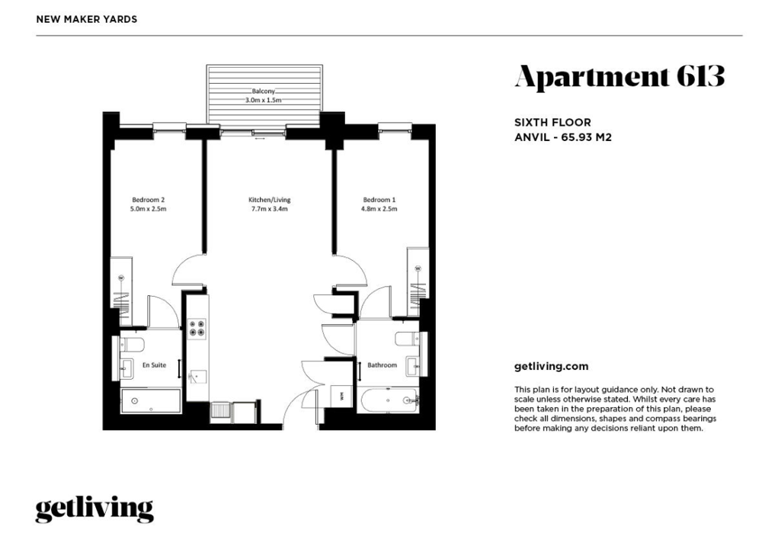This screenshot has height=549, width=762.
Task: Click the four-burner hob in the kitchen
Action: click(x=197, y=328)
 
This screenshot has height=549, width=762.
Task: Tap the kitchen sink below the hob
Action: click(x=197, y=377)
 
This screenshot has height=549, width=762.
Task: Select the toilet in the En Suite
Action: click(x=132, y=345)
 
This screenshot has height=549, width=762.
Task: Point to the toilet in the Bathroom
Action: click(x=407, y=339)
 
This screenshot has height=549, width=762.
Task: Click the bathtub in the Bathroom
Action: click(x=389, y=400)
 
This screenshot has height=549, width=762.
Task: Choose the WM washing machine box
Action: click(x=341, y=394)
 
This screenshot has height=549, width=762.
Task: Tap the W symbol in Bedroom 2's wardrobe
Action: click(x=121, y=278)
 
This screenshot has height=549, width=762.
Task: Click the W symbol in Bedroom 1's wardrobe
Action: click(x=418, y=268)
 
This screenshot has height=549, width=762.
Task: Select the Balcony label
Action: click(x=264, y=91)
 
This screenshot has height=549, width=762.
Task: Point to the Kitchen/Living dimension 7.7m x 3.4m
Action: click(x=269, y=209)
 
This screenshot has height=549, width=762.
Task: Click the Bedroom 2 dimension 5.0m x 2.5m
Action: click(x=149, y=209)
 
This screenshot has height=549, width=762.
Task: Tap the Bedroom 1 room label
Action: click(x=379, y=199)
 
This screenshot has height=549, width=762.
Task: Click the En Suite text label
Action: click(x=154, y=364)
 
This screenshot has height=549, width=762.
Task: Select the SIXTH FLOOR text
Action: click(x=552, y=123)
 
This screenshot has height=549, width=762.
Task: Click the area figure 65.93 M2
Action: click(x=586, y=137)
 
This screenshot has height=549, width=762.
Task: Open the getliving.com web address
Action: click(x=551, y=367)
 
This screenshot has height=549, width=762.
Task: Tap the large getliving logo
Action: click(x=94, y=509)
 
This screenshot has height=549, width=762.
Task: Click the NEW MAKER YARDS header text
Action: click(x=87, y=20)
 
